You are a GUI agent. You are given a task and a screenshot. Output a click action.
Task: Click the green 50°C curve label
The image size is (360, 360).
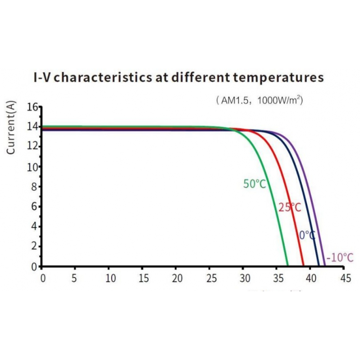[255, 184]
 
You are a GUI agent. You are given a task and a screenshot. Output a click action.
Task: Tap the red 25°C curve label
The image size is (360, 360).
[289, 208]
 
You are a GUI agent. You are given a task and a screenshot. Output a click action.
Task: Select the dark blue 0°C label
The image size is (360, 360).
[307, 235]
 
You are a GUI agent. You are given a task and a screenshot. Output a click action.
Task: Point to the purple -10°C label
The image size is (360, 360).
[340, 258]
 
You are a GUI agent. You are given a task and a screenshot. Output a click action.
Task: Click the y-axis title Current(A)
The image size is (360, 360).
[12, 128]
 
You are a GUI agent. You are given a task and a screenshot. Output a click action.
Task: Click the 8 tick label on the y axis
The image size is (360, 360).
[35, 187]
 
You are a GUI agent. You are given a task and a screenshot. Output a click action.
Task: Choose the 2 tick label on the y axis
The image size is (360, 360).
[35, 247]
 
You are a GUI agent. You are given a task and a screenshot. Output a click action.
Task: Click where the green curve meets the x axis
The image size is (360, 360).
[287, 266]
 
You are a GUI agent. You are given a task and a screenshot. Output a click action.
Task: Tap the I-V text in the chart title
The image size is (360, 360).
[44, 78]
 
